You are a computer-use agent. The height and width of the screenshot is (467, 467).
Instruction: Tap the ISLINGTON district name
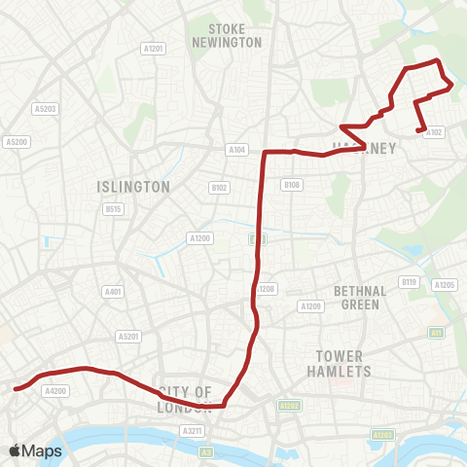pos(133,186)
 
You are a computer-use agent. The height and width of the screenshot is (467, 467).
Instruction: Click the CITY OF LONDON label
pos(185,399)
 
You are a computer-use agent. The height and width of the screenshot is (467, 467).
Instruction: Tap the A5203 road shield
pos(44,109)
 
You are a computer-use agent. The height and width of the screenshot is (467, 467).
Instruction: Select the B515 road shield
pos(114,208)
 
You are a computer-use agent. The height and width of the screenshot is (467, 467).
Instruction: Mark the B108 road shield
pos(291,185)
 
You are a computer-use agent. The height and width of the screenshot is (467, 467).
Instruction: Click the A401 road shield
pos(114,291)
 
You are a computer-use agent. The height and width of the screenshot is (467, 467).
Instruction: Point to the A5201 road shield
pos(128,337)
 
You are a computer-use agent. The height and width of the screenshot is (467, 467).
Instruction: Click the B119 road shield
pos(409,282)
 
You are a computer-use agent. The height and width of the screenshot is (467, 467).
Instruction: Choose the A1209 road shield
pos(311,306)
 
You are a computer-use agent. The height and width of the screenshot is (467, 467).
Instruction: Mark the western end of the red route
pos(16,388)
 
